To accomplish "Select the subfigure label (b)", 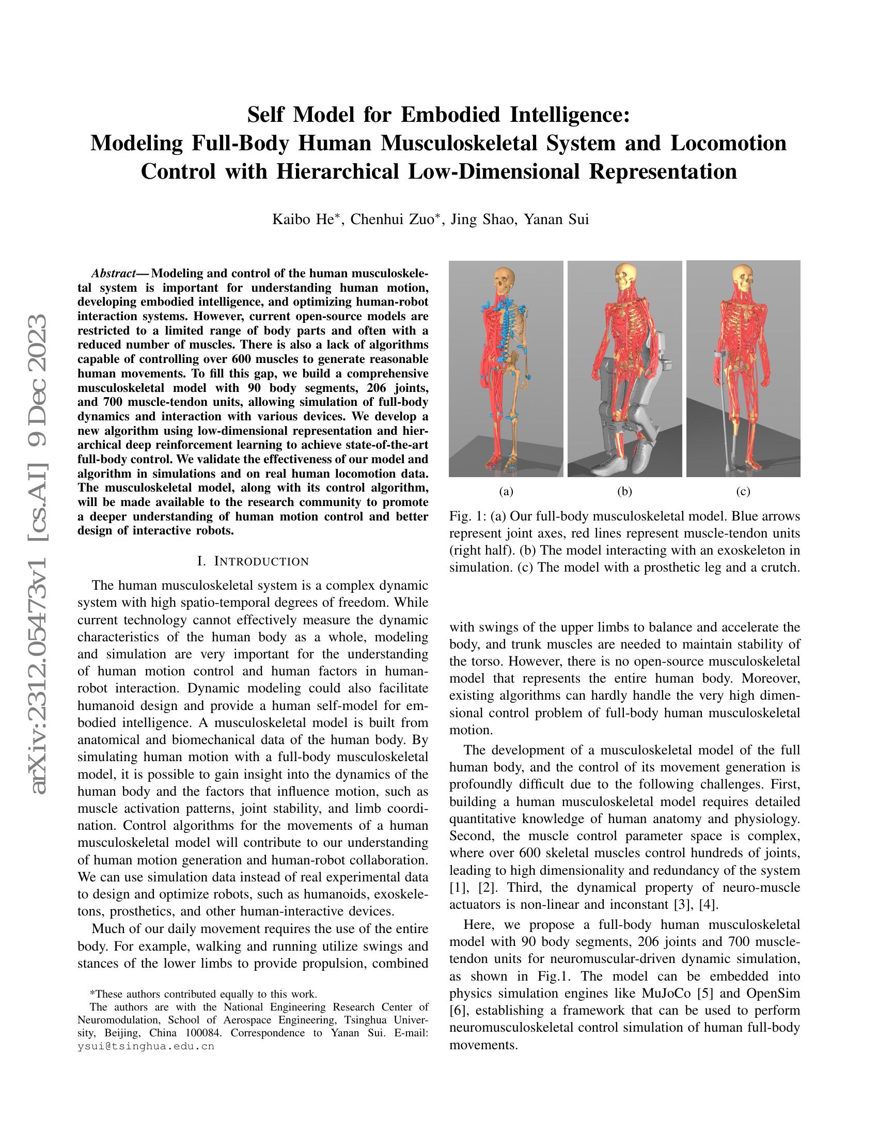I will pos(624,492).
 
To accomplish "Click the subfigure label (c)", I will pos(743,492).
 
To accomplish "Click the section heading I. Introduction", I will pos(253,561).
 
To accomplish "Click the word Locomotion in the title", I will pos(728,143).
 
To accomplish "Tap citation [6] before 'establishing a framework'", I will pos(459,1010).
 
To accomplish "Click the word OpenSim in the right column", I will pos(773,993).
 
